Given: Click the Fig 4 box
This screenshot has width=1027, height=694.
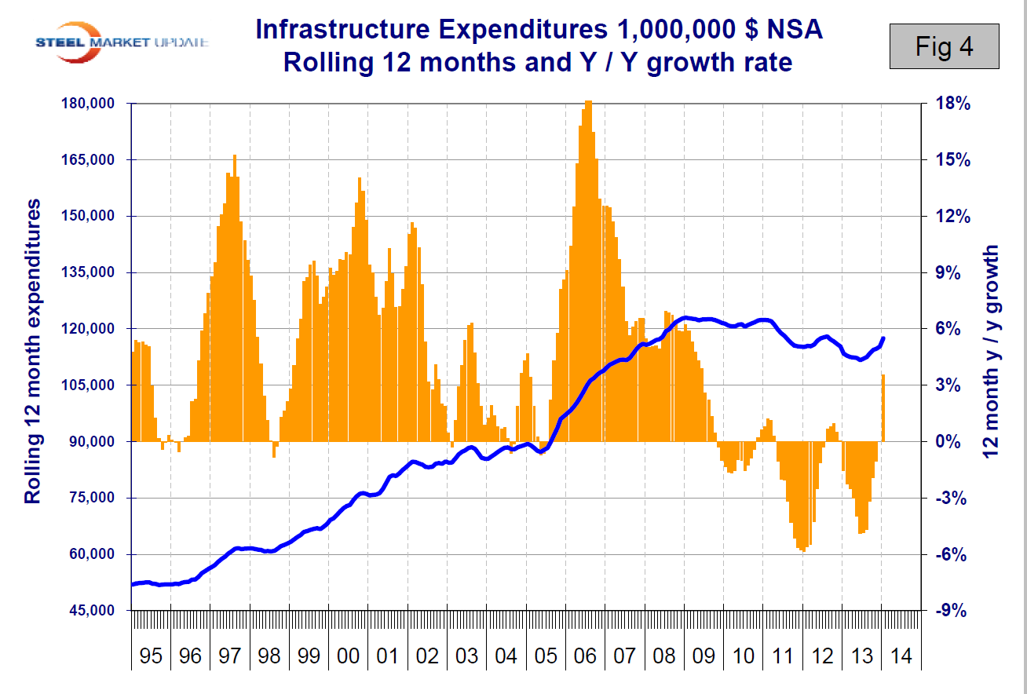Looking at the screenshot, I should point(944,46).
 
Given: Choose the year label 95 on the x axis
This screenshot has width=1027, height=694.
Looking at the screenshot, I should point(151,656).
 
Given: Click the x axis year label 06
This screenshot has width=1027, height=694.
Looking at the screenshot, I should point(585,656).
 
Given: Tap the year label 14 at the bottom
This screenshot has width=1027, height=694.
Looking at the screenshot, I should point(901,656).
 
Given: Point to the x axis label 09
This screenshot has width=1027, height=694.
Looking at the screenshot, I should point(704,656).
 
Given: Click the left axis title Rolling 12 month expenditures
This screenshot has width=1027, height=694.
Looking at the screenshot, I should point(33,352).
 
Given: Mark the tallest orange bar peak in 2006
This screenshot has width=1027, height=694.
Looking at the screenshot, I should point(589,102).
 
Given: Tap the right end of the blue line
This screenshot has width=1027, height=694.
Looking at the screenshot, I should point(883,338).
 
